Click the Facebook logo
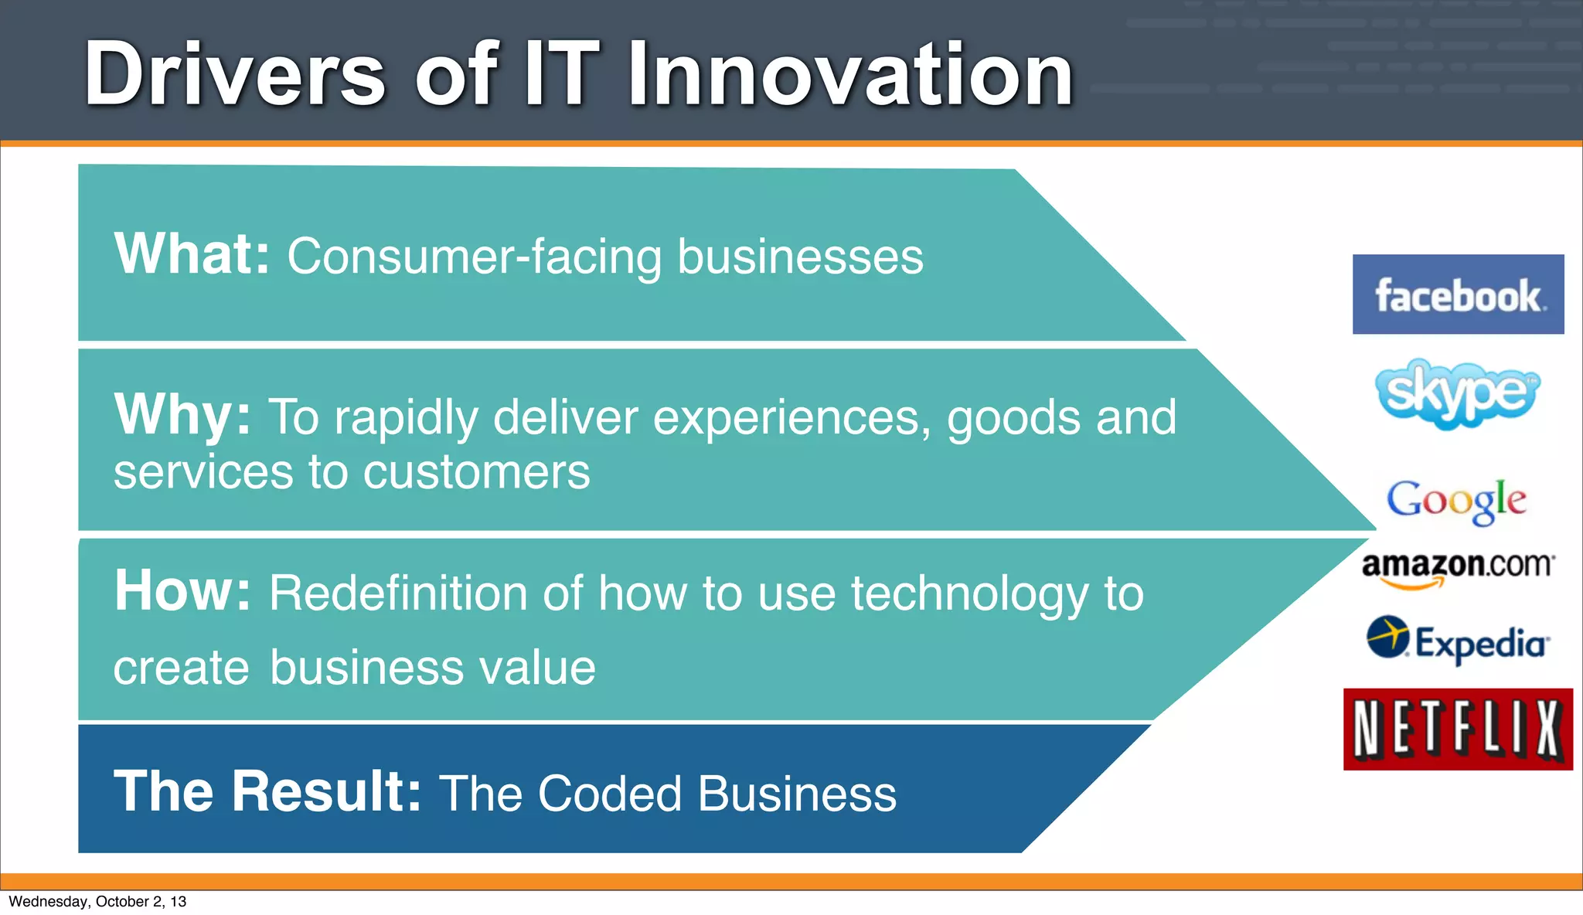point(1458,294)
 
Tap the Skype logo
point(1457,393)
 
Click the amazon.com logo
point(1457,568)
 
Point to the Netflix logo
point(1458,729)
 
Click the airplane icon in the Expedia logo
point(1387,637)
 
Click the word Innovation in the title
point(850,74)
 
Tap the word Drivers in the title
point(234,74)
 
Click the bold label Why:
point(182,415)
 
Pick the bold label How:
point(182,591)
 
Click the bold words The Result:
point(267,791)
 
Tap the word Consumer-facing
point(475,257)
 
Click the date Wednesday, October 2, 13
point(97,901)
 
